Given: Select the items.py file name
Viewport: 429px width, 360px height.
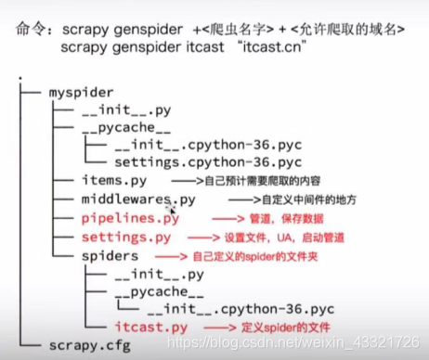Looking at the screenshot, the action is (114, 181).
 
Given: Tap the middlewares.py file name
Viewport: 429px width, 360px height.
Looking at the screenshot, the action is (138, 199).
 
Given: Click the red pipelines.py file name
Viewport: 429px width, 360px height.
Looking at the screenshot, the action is (130, 219).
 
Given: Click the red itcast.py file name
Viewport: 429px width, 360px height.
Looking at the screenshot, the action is (149, 327).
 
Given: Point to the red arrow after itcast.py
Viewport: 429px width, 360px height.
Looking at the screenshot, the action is (219, 327).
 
